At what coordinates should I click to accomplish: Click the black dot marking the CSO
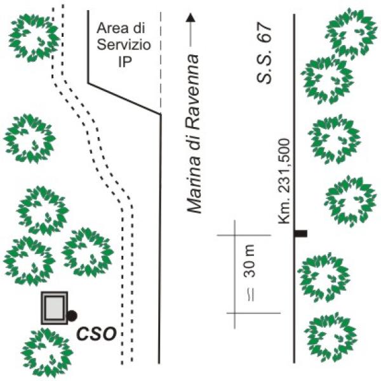(x=72, y=316)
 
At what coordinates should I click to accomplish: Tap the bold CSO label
(x=97, y=334)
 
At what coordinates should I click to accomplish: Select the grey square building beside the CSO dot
(x=54, y=308)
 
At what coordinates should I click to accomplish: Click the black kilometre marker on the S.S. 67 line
(x=301, y=234)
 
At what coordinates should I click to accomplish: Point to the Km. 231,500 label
(x=284, y=181)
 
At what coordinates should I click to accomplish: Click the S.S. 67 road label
(x=264, y=53)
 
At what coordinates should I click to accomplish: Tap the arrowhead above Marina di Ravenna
(x=190, y=18)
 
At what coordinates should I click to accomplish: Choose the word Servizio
(x=124, y=45)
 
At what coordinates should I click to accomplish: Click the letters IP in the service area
(x=125, y=62)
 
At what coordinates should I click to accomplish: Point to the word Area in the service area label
(x=110, y=28)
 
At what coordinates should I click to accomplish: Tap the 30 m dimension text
(x=249, y=261)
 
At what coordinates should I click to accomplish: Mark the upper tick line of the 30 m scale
(x=244, y=235)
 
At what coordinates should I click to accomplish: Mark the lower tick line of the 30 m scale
(x=253, y=313)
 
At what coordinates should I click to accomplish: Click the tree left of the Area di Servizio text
(x=33, y=37)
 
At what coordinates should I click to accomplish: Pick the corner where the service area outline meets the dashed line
(x=161, y=114)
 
